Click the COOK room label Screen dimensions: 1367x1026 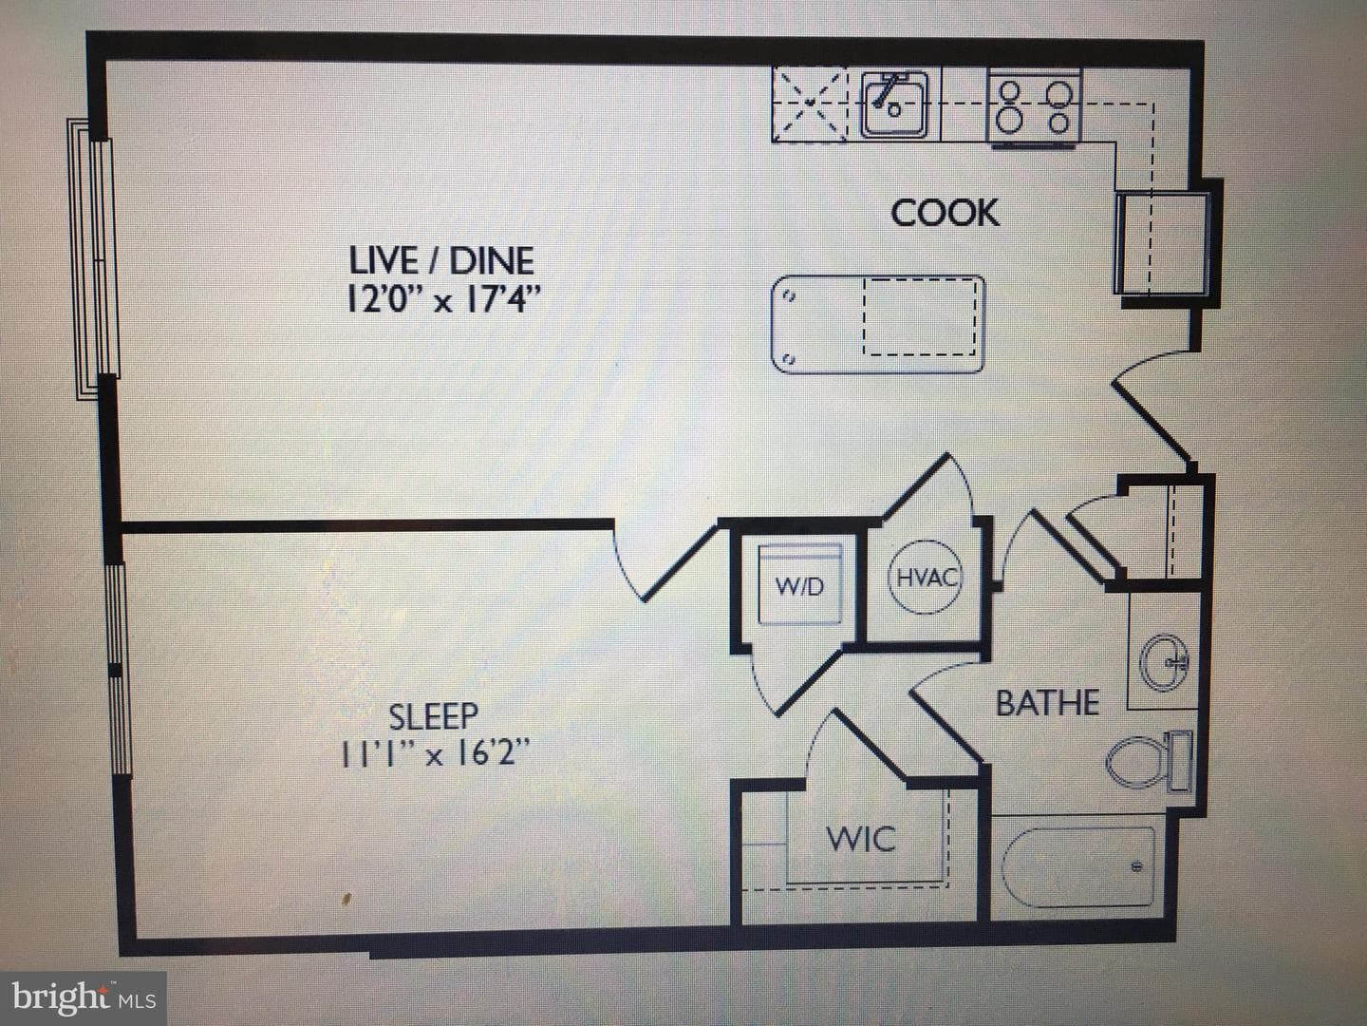coord(945,213)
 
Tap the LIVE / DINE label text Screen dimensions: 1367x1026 coord(441,261)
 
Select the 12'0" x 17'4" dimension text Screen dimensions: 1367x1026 coord(442,300)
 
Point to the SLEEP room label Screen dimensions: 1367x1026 coord(434,716)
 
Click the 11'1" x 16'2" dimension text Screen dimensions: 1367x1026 coord(434,754)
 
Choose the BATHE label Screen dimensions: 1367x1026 coord(1047,703)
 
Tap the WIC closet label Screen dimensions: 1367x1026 coord(861,839)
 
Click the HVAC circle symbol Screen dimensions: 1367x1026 coord(926,577)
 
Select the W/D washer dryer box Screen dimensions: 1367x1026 coord(800,583)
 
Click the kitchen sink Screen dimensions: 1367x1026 coord(894,104)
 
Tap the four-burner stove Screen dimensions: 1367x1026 coord(1035,106)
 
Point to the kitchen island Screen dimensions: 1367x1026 coord(878,325)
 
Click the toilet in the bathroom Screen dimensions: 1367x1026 coord(1150,761)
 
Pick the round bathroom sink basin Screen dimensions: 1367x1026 coord(1164,662)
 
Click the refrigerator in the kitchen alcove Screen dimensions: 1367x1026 coord(1162,243)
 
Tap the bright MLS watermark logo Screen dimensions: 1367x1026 coord(84,998)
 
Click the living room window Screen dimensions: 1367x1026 coord(93,258)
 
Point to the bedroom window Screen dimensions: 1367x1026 coord(119,670)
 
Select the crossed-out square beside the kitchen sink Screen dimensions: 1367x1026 coord(810,104)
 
